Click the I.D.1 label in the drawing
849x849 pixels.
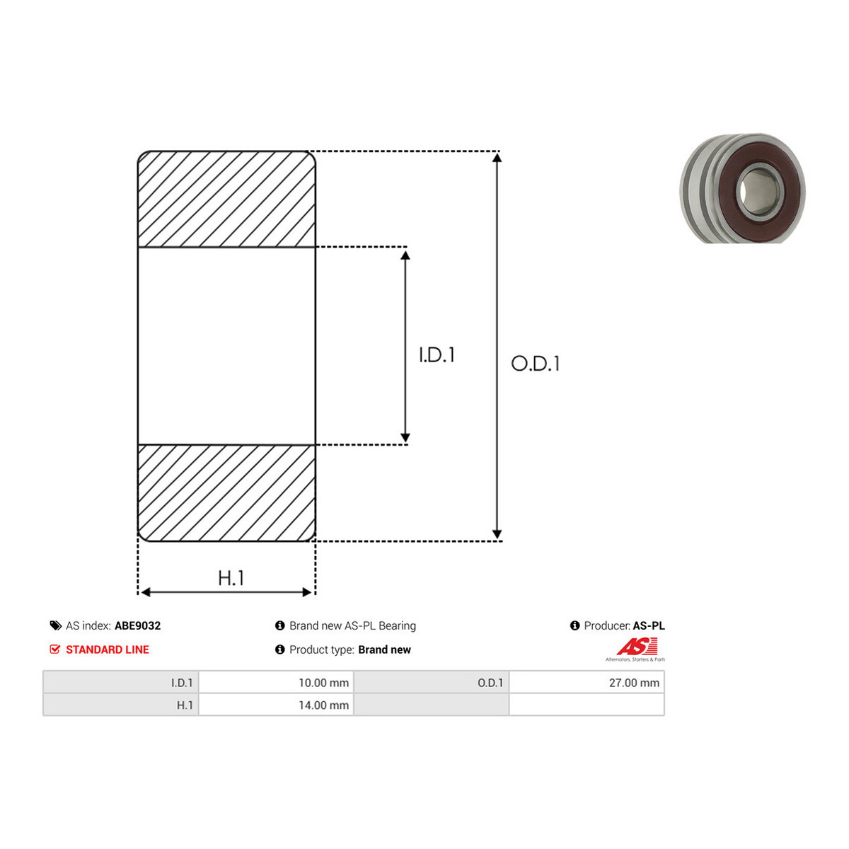[437, 355]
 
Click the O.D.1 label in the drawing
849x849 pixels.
[535, 364]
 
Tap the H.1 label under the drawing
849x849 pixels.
[231, 578]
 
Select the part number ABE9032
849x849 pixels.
[137, 625]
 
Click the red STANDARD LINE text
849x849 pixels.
[108, 649]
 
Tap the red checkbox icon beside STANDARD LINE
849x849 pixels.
[54, 649]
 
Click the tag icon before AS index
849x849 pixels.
[55, 625]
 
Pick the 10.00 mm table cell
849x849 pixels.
[276, 683]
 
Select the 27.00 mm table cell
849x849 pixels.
[587, 683]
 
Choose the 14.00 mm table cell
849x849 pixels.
[276, 705]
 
